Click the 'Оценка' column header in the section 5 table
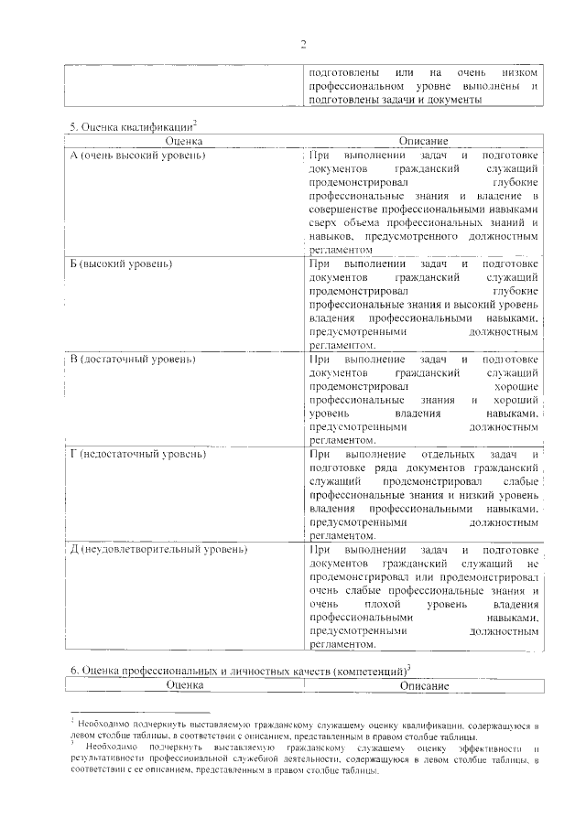click(x=184, y=142)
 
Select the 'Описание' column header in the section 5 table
click(x=423, y=142)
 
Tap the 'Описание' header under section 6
click(x=423, y=685)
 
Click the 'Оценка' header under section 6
click(x=184, y=685)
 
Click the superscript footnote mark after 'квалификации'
click(x=195, y=124)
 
